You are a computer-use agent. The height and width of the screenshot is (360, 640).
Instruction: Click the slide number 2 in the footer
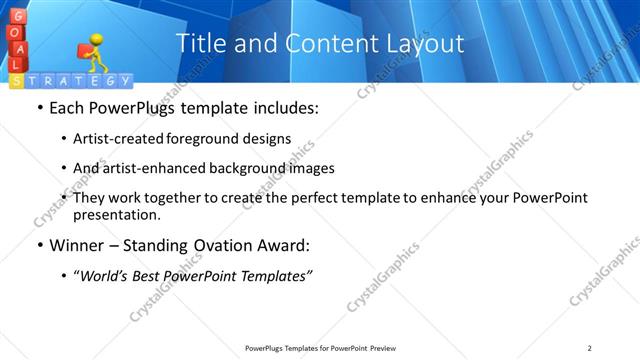(x=589, y=347)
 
